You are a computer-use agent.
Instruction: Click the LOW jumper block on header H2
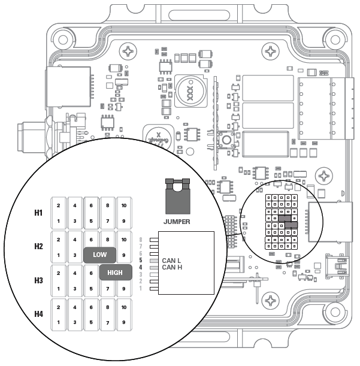pos(99,255)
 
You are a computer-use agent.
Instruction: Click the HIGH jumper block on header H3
pos(115,273)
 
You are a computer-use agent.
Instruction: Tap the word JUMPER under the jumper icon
pos(177,222)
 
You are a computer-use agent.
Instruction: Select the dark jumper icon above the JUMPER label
pos(177,196)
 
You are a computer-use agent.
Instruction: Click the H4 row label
pos(38,314)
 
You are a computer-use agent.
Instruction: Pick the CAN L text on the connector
pos(173,261)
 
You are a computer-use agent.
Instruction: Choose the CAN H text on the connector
pos(173,268)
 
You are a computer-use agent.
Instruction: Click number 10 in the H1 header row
pos(123,206)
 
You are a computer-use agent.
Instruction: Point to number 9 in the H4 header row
pos(123,321)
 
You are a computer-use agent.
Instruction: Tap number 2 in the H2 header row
pos(58,240)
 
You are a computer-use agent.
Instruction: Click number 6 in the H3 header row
pos(91,274)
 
